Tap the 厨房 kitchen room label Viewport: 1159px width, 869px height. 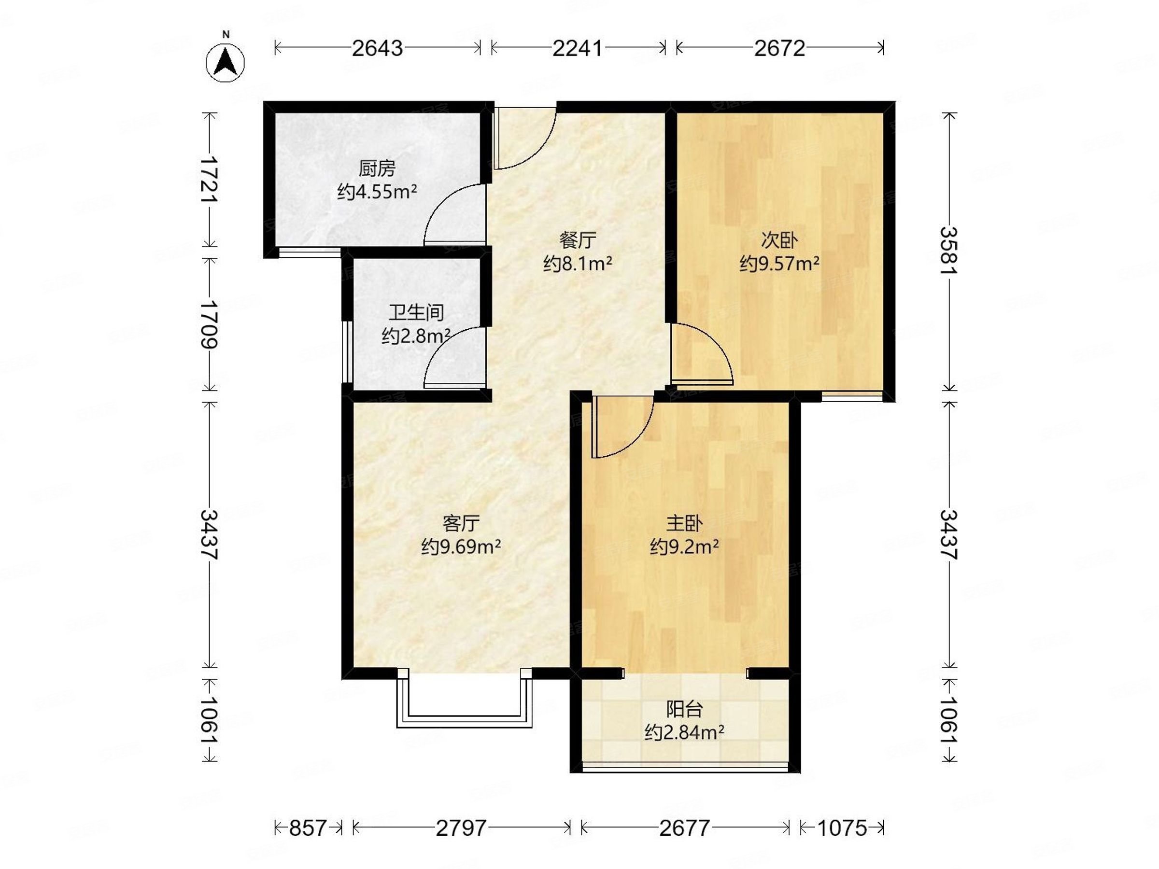tap(377, 168)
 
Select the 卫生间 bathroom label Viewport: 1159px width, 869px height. tap(416, 313)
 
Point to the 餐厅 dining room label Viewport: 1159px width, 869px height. tap(578, 240)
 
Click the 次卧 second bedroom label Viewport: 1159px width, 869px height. tap(779, 240)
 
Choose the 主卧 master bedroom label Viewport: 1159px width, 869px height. tap(684, 523)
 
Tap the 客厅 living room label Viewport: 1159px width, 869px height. tap(461, 523)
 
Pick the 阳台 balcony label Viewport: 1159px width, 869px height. tap(684, 710)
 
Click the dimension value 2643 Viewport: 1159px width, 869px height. tap(377, 48)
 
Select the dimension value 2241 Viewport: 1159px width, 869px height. tap(579, 48)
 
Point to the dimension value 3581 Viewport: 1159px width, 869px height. tap(949, 251)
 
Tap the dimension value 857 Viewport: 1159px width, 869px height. tap(308, 828)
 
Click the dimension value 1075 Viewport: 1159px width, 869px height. tap(842, 828)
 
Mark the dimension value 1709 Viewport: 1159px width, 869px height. tap(210, 325)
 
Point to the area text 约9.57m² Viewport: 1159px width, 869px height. tap(779, 264)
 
